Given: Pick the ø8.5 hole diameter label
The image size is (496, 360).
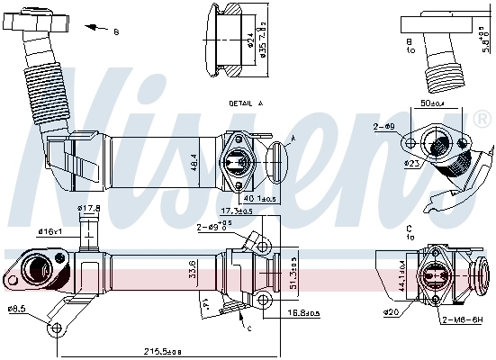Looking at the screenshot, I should coord(16,309).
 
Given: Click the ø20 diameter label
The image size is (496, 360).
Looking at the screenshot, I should coord(392,312).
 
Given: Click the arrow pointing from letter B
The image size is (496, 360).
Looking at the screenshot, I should coord(92,29).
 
